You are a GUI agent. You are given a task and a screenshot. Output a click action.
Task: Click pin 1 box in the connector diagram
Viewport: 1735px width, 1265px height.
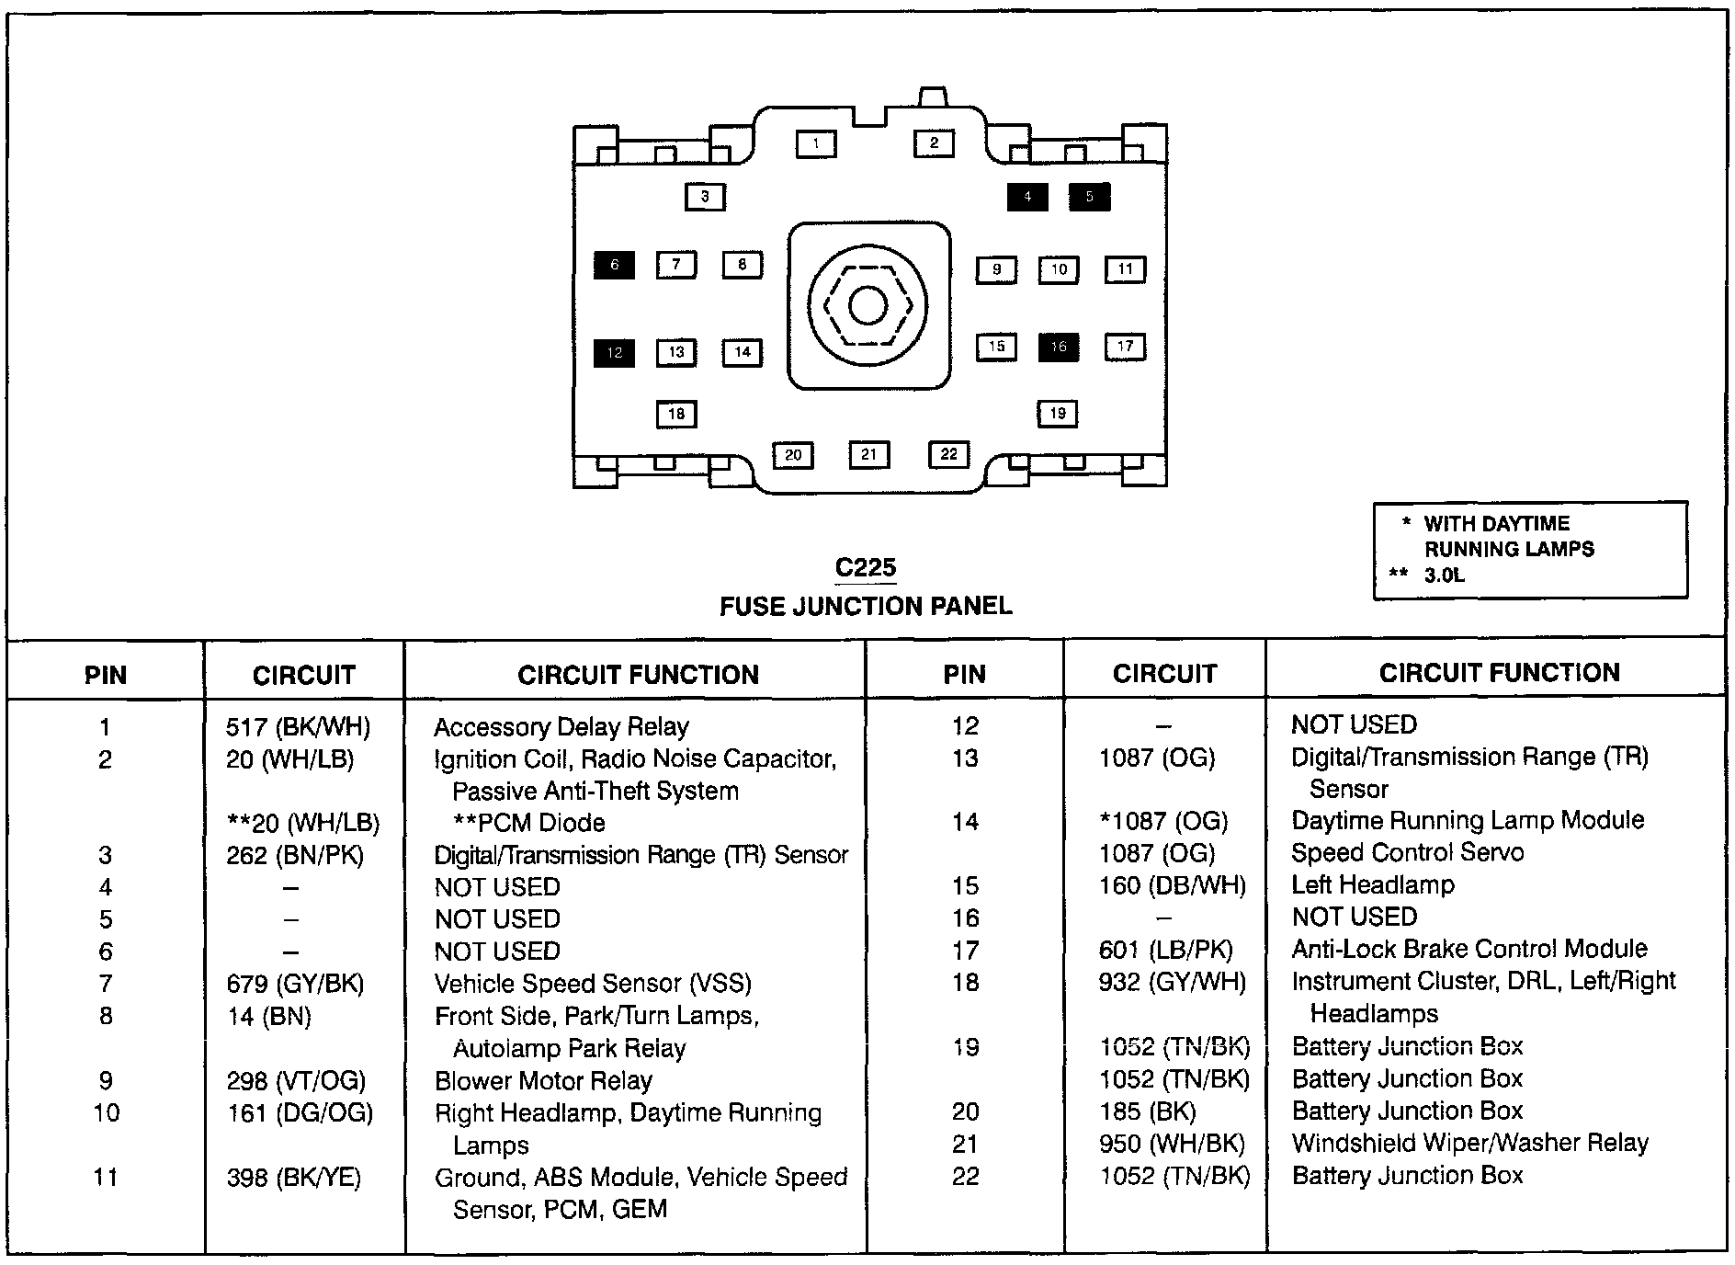pyautogui.click(x=816, y=144)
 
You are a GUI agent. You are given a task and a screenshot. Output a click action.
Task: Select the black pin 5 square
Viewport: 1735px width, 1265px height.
pyautogui.click(x=1089, y=197)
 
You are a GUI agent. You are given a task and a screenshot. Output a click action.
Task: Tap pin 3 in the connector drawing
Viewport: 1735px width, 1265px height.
pyautogui.click(x=705, y=197)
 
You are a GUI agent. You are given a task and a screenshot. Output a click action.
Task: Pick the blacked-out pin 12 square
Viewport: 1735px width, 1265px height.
pyautogui.click(x=614, y=352)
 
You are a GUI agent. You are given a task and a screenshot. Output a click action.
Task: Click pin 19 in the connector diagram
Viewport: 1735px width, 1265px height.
pyautogui.click(x=1058, y=414)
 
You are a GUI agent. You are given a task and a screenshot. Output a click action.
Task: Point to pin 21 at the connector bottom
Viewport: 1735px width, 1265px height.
pyautogui.click(x=869, y=454)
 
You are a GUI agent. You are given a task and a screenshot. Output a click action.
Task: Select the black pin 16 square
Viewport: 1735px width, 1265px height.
pyautogui.click(x=1059, y=348)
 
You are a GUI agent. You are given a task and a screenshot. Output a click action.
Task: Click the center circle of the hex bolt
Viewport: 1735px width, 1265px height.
pyautogui.click(x=868, y=306)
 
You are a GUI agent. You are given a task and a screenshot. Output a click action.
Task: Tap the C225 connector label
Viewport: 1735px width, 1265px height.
pyautogui.click(x=866, y=568)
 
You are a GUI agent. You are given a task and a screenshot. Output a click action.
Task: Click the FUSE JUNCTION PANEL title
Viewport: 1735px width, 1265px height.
pyautogui.click(x=866, y=607)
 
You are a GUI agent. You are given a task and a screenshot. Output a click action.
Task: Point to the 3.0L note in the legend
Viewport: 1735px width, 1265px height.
pyautogui.click(x=1445, y=576)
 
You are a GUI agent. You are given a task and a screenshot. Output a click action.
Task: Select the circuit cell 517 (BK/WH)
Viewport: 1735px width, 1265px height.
pyautogui.click(x=298, y=728)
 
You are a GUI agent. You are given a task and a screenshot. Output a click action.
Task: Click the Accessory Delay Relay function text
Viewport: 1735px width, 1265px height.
pyautogui.click(x=561, y=728)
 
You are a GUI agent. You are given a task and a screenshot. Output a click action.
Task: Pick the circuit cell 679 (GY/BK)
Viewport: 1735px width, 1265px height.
pyautogui.click(x=295, y=985)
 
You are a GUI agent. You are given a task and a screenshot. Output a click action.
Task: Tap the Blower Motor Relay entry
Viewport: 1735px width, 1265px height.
pyautogui.click(x=543, y=1081)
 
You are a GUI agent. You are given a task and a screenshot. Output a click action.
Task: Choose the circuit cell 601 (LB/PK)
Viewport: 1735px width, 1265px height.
pyautogui.click(x=1166, y=950)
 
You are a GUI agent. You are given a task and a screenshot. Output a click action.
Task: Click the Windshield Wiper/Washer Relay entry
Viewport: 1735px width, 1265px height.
pyautogui.click(x=1470, y=1144)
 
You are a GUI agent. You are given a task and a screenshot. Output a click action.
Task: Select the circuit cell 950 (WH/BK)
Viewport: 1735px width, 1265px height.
pyautogui.click(x=1172, y=1144)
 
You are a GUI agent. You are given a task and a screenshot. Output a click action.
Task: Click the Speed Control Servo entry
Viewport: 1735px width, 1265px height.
pyautogui.click(x=1408, y=853)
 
